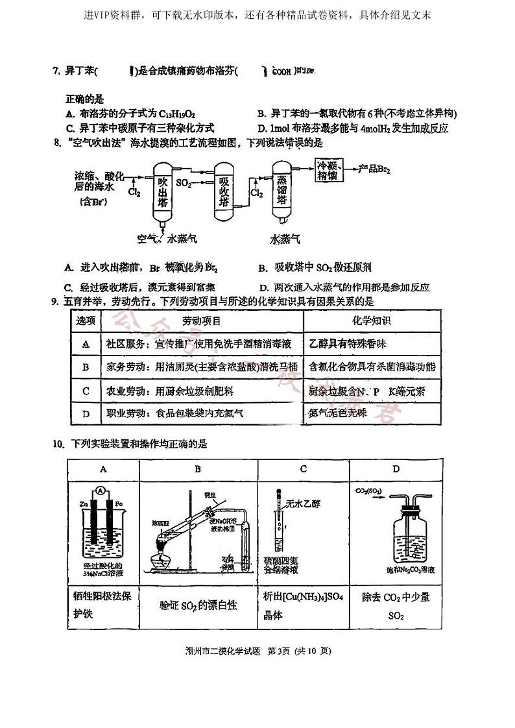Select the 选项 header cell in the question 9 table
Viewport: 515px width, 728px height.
click(86, 321)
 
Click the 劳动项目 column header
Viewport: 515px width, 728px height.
click(201, 321)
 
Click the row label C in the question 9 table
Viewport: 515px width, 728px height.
click(86, 391)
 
